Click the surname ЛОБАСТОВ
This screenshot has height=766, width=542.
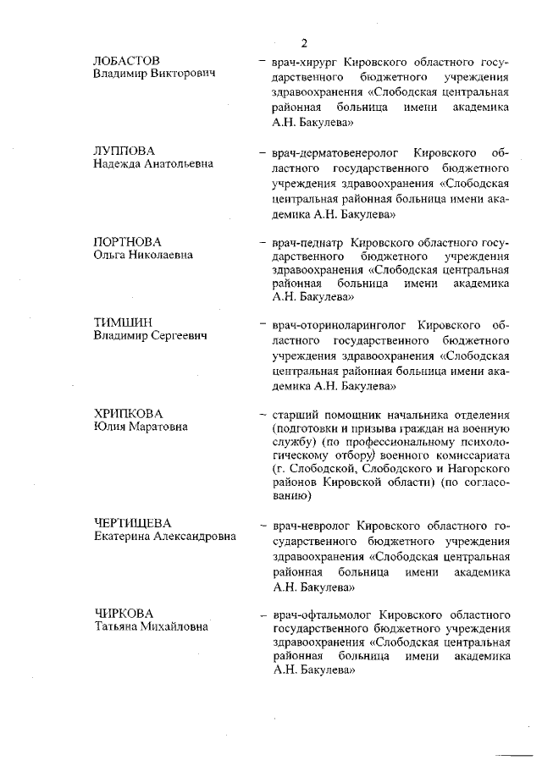(126, 62)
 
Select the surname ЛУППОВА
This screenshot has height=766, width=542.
(124, 151)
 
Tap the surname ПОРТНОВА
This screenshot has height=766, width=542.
(127, 241)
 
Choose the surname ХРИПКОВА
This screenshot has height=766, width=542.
(128, 413)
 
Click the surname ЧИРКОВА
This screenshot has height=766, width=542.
(124, 614)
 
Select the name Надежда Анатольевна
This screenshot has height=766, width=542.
(152, 163)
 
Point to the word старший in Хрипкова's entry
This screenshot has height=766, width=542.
(293, 415)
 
